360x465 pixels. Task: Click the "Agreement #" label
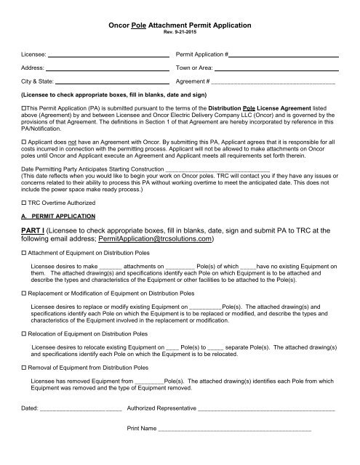click(193, 81)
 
